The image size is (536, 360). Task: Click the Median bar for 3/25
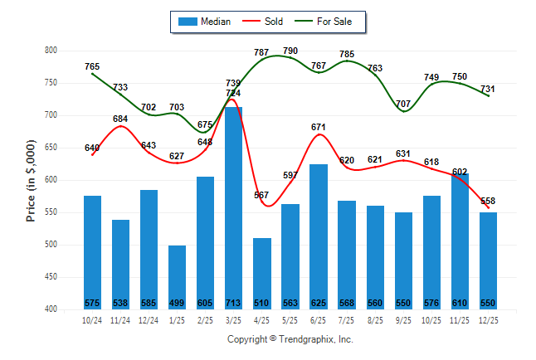coord(233,207)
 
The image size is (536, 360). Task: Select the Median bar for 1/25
coord(177,277)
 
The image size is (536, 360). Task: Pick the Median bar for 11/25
coord(459,241)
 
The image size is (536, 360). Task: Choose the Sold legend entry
coord(265,21)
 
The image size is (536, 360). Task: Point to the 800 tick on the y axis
coord(50,51)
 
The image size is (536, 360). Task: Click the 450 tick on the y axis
coord(50,277)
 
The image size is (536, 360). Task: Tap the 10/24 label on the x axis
coord(92,320)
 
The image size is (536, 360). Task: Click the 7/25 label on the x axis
coord(346,320)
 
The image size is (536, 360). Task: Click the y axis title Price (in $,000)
coord(31,180)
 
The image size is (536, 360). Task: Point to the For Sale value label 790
coord(290,51)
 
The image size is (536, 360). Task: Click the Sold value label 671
coord(319,127)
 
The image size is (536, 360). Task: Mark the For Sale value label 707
coord(403,104)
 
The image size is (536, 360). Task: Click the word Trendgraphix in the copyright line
coord(308,339)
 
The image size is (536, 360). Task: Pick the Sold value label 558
coord(488,201)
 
